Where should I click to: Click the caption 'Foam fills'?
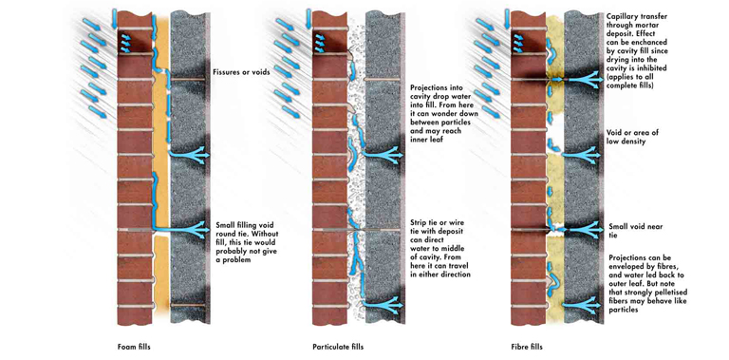click(134, 347)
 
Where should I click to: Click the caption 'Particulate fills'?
click(338, 347)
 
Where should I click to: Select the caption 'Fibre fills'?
click(526, 347)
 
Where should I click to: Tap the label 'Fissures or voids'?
click(241, 72)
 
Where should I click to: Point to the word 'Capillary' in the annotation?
click(622, 17)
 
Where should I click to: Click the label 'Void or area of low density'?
click(633, 137)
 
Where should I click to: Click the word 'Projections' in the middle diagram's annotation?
click(430, 87)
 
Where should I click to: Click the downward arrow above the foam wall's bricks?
click(114, 17)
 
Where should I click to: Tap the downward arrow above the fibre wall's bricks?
click(507, 17)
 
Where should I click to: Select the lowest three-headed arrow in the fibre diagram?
click(581, 305)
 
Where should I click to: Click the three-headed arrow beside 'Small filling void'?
click(181, 229)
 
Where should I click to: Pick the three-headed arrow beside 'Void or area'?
click(581, 155)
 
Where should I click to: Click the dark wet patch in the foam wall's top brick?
click(137, 42)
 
